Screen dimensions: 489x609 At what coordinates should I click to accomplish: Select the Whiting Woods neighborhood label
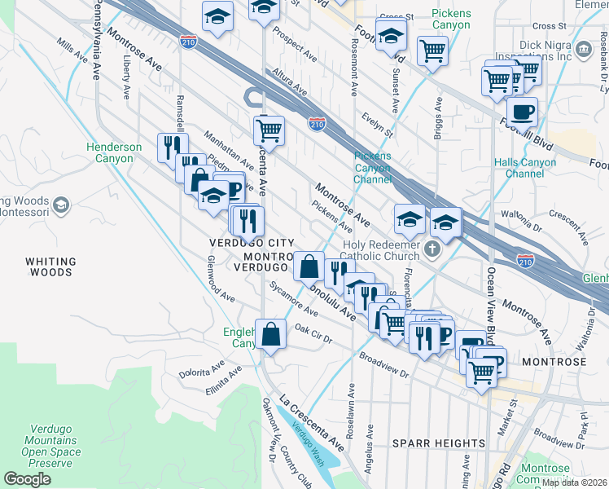pos(50,267)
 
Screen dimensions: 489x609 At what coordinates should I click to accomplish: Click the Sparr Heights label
pos(439,443)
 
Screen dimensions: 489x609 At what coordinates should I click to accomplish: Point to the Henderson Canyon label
pos(115,152)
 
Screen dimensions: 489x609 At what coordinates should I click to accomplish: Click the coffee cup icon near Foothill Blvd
pos(522,110)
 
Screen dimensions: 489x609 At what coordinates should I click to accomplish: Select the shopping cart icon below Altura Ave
pos(268,129)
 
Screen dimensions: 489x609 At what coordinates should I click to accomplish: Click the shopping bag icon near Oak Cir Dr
pos(270,333)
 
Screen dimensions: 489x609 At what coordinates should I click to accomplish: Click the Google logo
pos(27,479)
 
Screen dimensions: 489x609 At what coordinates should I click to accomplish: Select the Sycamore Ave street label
pos(295,301)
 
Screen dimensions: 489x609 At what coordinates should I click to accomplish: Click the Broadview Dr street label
pos(383,365)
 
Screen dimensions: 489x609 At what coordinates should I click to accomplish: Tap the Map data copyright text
pos(575,482)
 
